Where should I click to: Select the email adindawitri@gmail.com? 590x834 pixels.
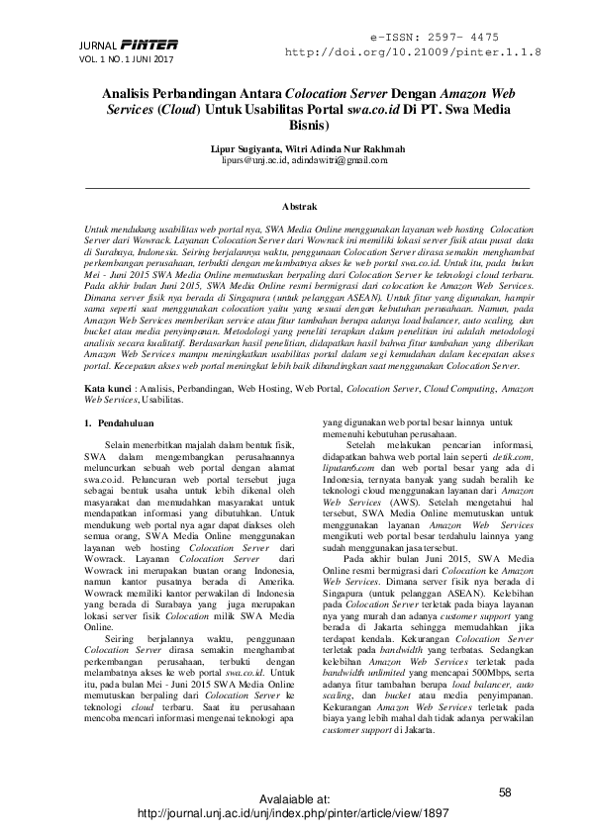click(x=339, y=159)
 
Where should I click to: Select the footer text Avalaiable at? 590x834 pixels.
click(x=294, y=797)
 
